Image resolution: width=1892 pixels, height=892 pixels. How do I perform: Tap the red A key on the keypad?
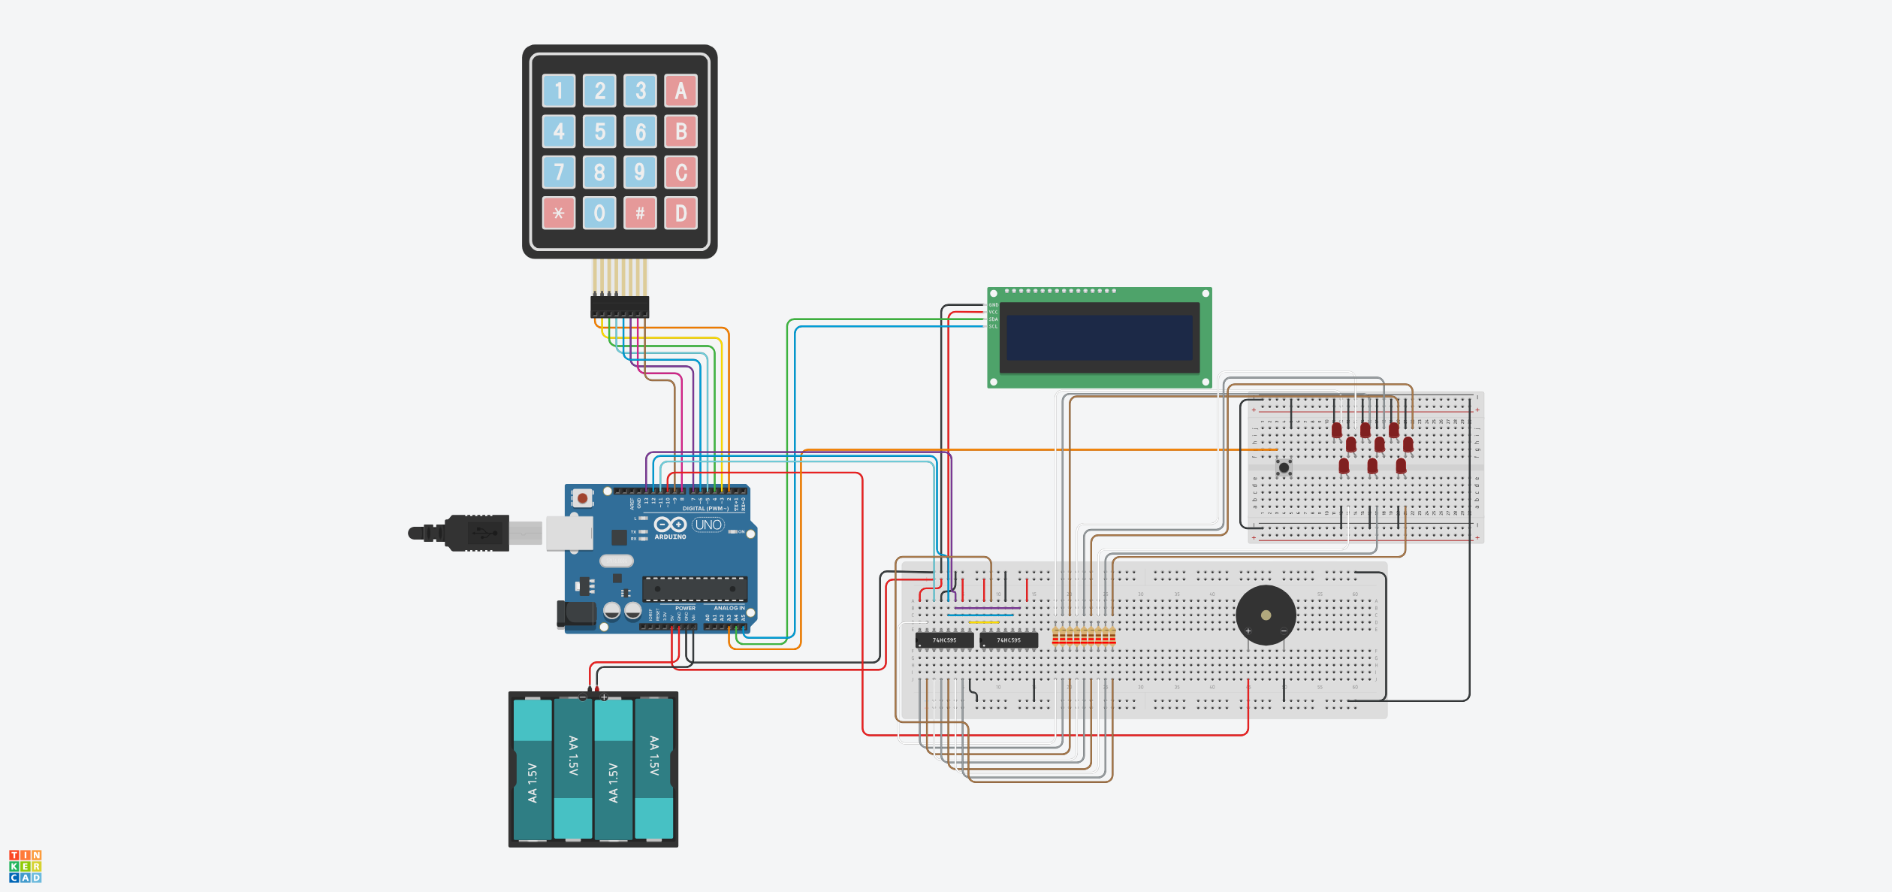pos(680,91)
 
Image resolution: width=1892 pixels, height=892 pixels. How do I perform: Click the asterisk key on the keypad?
pos(559,213)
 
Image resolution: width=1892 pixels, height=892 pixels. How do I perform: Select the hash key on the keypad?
pos(640,213)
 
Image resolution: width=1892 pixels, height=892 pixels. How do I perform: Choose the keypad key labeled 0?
pos(599,213)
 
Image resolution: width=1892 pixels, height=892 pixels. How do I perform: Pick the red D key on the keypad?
pos(680,213)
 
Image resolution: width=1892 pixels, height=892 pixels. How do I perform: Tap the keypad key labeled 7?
pos(559,172)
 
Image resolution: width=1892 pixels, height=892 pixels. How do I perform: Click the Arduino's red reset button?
pos(582,497)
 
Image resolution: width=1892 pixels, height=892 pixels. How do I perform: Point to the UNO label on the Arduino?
pos(708,525)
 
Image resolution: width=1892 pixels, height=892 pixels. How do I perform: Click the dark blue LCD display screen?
pos(1099,337)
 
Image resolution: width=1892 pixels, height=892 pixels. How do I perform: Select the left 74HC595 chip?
pos(944,640)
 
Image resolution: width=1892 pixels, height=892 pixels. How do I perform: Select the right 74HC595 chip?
pos(1009,640)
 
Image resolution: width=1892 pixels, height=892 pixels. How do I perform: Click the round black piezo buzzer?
pos(1266,615)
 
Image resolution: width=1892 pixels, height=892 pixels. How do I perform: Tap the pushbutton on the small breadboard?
pos(1284,467)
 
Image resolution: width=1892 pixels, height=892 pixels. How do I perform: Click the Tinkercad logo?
pos(25,866)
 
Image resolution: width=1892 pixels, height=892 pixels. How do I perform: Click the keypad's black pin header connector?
pos(620,307)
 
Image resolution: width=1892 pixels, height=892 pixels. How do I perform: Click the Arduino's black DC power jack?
pos(575,615)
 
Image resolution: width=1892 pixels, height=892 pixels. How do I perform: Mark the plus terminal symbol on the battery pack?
pos(604,697)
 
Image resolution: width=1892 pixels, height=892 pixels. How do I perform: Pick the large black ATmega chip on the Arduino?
pos(695,588)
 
